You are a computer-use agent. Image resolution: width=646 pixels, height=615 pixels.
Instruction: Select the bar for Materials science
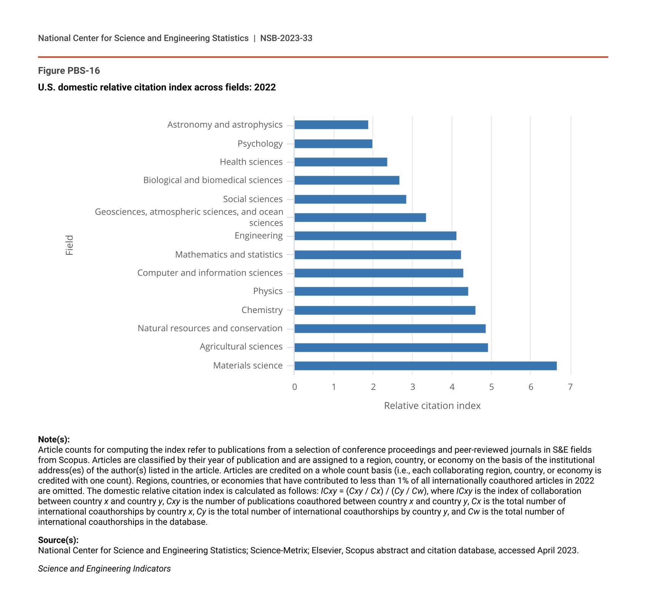coord(425,366)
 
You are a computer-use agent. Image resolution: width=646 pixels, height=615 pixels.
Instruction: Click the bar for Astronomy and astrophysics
coord(331,125)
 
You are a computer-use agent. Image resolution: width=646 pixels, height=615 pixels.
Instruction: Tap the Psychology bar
coord(333,144)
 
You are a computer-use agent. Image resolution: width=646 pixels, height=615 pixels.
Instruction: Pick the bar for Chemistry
coord(385,310)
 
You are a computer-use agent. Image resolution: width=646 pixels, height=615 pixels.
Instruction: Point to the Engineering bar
coord(375,236)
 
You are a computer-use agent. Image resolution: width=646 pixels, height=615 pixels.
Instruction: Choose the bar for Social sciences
coord(350,199)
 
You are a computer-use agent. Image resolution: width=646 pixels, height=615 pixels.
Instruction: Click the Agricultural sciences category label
coord(241,346)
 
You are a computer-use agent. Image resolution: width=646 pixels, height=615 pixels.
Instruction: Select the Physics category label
coord(268,291)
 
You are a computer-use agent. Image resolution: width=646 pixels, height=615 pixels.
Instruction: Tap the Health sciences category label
coord(251,162)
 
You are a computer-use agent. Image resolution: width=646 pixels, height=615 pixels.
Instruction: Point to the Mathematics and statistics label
coord(229,254)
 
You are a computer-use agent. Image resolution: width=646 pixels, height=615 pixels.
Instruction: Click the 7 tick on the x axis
coord(570,387)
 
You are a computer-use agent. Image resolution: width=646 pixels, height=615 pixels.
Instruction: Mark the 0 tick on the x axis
coord(295,387)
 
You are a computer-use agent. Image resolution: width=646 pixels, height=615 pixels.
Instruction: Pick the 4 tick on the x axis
coord(452,387)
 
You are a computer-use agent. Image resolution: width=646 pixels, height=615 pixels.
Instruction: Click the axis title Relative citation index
coord(432,406)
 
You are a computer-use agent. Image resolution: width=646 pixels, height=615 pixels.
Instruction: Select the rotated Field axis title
coord(69,245)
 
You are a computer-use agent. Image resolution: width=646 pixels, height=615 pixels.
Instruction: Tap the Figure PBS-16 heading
coord(69,71)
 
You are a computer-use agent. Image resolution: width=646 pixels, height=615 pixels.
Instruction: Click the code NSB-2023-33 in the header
coord(286,38)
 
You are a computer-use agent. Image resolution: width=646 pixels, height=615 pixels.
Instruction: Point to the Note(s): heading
coord(54,440)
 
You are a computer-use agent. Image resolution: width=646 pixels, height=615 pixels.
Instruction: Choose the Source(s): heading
coord(58,540)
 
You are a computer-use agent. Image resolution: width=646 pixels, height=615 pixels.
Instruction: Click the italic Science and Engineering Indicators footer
coord(104,569)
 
